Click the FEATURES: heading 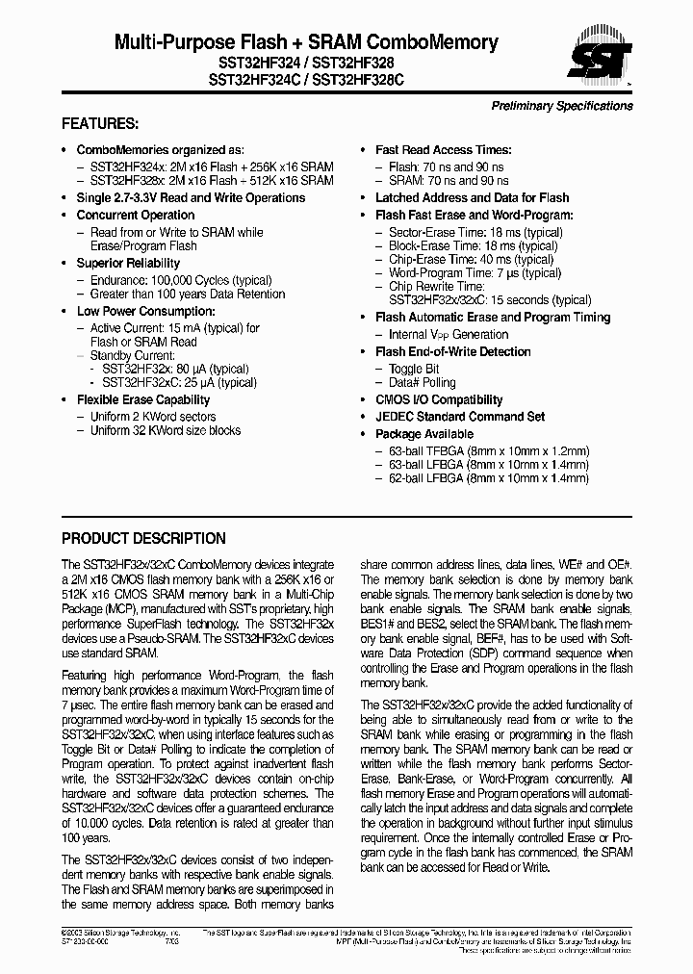tap(100, 124)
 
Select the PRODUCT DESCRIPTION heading tap(143, 539)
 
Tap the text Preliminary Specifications tap(562, 106)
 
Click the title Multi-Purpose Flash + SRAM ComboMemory tap(306, 41)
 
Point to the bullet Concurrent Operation tap(135, 216)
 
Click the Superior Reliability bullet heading tap(128, 264)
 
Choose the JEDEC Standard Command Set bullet tap(459, 417)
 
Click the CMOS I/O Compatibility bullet tap(438, 400)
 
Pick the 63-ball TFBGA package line tap(488, 450)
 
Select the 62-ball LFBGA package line tap(488, 477)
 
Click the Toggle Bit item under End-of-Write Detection tap(414, 370)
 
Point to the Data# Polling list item tap(422, 383)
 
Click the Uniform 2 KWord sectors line tap(152, 417)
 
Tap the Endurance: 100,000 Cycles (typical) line tap(173, 281)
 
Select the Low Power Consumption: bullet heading tap(145, 312)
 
